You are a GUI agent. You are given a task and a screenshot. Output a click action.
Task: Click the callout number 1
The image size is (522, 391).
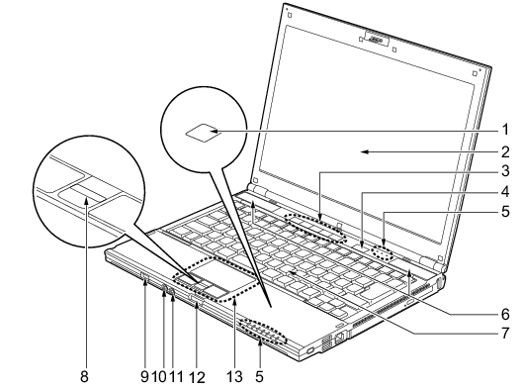pyautogui.click(x=506, y=130)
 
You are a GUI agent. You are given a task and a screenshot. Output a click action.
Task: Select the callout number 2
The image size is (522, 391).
pyautogui.click(x=505, y=152)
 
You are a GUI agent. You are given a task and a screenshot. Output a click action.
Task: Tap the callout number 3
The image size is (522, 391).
pyautogui.click(x=505, y=170)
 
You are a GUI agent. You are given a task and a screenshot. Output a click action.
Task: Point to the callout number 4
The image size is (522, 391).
pyautogui.click(x=505, y=191)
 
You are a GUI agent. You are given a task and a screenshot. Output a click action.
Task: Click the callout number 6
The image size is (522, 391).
pyautogui.click(x=505, y=314)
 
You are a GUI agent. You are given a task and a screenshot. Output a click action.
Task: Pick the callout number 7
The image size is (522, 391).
pyautogui.click(x=505, y=333)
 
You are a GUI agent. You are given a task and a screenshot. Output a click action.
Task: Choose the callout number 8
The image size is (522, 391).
pyautogui.click(x=85, y=377)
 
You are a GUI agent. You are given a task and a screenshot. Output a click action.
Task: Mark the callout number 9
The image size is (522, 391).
pyautogui.click(x=144, y=377)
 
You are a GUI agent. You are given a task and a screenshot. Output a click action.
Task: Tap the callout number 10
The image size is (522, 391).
pyautogui.click(x=159, y=377)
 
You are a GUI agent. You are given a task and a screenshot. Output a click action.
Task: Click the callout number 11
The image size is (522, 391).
pyautogui.click(x=176, y=377)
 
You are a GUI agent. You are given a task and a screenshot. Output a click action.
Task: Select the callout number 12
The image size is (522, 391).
pyautogui.click(x=197, y=378)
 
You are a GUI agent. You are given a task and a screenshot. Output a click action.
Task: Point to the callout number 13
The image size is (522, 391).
pyautogui.click(x=235, y=377)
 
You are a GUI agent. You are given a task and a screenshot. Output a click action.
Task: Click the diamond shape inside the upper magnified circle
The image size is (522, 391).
pyautogui.click(x=203, y=133)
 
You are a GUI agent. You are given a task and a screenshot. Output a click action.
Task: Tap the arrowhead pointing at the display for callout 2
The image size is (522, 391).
pyautogui.click(x=365, y=152)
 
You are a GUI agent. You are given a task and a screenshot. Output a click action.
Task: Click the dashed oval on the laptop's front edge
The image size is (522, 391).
pyautogui.click(x=264, y=331)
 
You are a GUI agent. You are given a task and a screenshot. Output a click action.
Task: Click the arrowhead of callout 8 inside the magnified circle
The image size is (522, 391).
pyautogui.click(x=87, y=200)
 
